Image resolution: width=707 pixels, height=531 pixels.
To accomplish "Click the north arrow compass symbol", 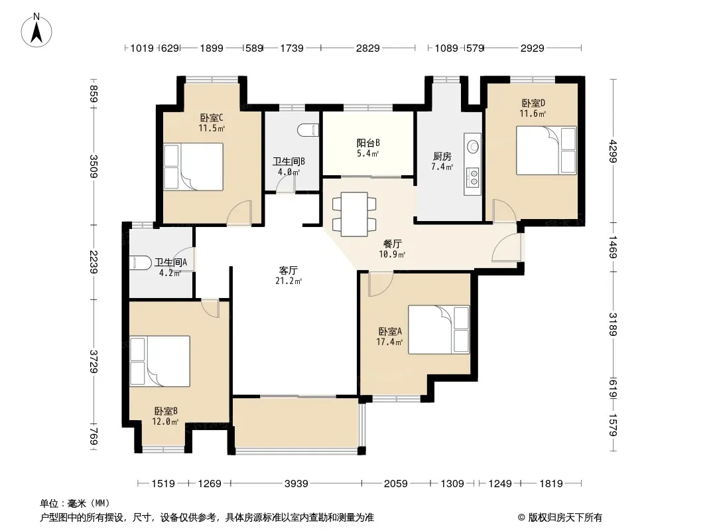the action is click(x=36, y=31).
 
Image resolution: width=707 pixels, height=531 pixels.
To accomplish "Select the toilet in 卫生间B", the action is click(x=308, y=130).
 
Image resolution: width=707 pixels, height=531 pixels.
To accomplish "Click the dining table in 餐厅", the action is click(x=354, y=214).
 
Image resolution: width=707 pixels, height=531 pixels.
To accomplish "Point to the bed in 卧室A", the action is click(x=438, y=329).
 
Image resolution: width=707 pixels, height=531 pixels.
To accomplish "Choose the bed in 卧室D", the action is click(x=546, y=150).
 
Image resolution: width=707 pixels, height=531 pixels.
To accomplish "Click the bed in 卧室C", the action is click(x=194, y=167).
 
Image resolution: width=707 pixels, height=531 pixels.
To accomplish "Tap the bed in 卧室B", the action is click(x=160, y=361).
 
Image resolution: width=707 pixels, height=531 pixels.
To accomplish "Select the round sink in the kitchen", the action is click(x=473, y=146).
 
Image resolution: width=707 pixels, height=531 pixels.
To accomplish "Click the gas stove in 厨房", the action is click(x=473, y=177).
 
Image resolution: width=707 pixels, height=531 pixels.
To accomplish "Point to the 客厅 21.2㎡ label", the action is click(x=288, y=275).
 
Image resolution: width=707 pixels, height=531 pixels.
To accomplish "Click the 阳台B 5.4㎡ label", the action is click(x=368, y=147).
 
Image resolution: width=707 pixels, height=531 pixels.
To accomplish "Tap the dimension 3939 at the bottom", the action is click(x=296, y=484).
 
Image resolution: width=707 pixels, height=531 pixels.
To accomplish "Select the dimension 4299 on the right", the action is click(x=612, y=151).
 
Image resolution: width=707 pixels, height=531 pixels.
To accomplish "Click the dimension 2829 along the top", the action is click(x=368, y=48).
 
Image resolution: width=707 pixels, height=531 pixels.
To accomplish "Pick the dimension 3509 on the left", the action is click(x=94, y=166).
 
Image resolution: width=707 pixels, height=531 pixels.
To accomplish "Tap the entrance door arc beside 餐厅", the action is click(x=506, y=247).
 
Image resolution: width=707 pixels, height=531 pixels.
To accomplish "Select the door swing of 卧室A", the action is click(x=381, y=284).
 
